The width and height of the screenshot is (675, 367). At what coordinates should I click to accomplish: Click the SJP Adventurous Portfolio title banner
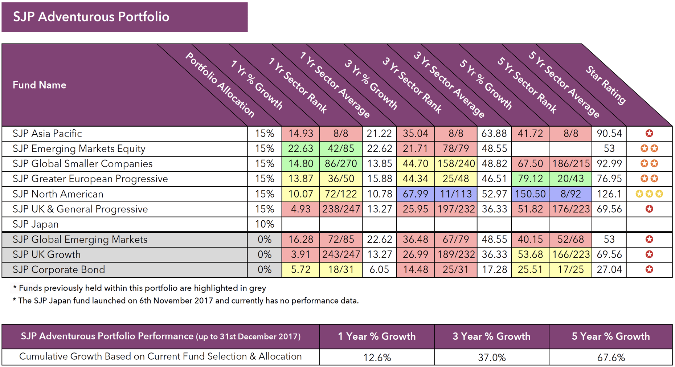[x=124, y=17]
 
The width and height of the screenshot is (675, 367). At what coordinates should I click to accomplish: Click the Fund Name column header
[x=40, y=85]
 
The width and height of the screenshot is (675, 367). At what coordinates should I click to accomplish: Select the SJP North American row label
[x=58, y=194]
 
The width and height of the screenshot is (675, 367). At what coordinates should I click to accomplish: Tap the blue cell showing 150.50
[x=530, y=194]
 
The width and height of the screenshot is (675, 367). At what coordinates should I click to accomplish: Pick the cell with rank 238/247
[x=341, y=209]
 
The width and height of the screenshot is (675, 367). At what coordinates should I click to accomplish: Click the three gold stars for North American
[x=649, y=194]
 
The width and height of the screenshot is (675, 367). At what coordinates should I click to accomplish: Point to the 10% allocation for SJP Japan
[x=265, y=224]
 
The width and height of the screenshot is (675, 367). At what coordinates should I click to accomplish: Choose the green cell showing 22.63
[x=300, y=149]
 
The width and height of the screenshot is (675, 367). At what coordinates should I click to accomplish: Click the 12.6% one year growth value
[x=377, y=358]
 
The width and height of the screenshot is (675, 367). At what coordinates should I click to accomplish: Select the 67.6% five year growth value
[x=611, y=358]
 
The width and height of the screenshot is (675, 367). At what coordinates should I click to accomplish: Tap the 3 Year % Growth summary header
[x=491, y=337]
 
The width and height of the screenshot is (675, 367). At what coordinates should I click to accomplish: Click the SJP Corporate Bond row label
[x=59, y=270]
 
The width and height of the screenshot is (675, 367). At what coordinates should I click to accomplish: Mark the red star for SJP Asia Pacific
[x=649, y=134]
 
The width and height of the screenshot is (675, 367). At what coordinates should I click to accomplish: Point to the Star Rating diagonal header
[x=606, y=85]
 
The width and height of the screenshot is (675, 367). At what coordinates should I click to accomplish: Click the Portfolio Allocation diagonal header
[x=220, y=85]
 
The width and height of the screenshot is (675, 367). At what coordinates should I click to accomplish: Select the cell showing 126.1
[x=609, y=194]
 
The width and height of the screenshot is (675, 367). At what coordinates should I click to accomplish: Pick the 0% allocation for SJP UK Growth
[x=265, y=255]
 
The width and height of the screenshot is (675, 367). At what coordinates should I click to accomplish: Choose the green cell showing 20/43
[x=570, y=179]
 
